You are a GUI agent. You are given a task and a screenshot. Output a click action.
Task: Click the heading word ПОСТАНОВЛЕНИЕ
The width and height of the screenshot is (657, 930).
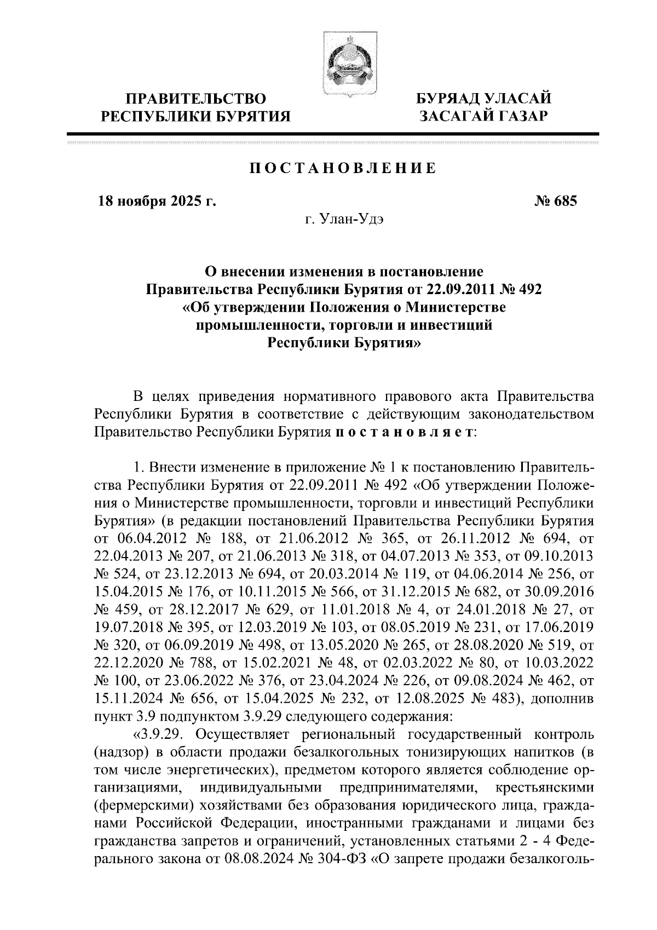click(343, 169)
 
